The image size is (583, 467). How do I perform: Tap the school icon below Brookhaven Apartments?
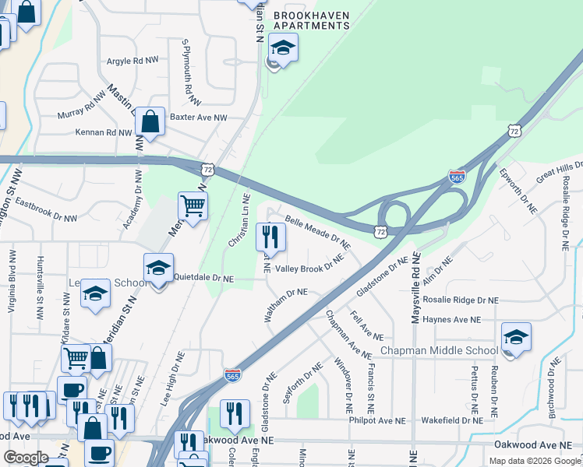[282, 48]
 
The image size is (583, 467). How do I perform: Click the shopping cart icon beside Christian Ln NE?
[193, 207]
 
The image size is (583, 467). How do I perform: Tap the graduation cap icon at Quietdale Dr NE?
[158, 269]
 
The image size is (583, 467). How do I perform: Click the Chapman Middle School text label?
[439, 351]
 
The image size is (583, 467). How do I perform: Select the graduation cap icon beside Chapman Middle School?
[515, 338]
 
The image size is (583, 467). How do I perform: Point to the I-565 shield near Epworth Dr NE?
[458, 177]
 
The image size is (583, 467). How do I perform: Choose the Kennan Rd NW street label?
[104, 132]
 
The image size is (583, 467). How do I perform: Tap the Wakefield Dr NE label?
[452, 420]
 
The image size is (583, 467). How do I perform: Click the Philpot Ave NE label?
[378, 420]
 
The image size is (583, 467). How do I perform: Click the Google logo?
[26, 458]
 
